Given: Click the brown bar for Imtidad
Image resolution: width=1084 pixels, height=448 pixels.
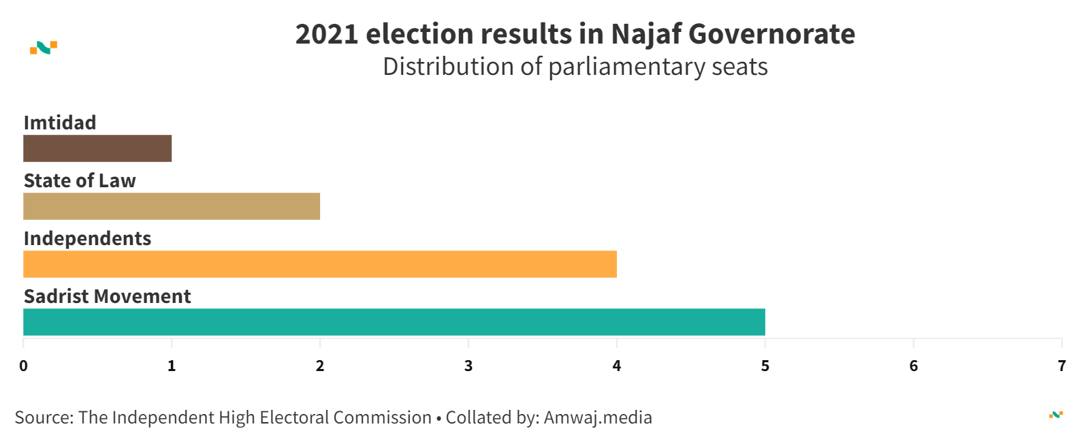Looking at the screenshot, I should [x=97, y=148].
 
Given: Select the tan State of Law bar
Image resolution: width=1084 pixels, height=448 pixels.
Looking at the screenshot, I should [x=172, y=206].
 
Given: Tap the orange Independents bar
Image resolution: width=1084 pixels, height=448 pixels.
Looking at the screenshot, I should [x=320, y=264].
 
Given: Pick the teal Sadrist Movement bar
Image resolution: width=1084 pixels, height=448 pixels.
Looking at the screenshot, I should [x=394, y=322].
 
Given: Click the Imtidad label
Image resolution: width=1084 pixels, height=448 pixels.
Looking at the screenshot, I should [x=60, y=123].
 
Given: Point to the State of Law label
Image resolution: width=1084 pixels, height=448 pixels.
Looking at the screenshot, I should [x=80, y=180].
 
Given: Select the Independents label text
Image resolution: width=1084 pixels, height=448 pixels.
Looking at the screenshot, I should [x=87, y=238].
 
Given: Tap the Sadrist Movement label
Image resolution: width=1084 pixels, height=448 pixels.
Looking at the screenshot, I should [x=107, y=296].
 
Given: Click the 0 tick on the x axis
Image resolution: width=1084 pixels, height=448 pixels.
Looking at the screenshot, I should [x=24, y=366].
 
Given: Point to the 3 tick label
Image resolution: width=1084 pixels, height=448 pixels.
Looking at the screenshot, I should [x=468, y=366].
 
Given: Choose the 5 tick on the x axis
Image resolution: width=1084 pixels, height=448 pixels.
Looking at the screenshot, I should [x=765, y=366].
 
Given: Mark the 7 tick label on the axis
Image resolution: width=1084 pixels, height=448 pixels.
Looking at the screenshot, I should [x=1062, y=366].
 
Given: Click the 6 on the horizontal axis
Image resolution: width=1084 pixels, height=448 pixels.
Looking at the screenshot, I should [x=914, y=366].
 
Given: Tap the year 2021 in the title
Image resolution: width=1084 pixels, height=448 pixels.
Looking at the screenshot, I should [x=326, y=35].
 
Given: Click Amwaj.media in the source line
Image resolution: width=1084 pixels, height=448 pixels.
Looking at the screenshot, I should [x=598, y=417].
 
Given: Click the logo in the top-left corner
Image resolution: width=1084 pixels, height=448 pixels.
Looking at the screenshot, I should [x=44, y=48].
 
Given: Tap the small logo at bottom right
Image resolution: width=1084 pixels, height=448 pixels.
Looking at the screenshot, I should [x=1056, y=415].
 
